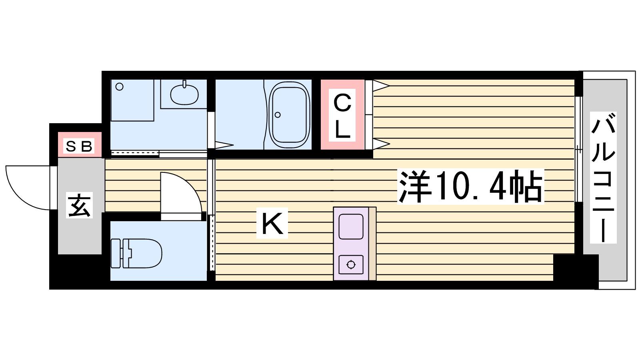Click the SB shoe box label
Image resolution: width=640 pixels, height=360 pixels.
coord(79,146)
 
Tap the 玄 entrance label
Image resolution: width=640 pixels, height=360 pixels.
coord(80,205)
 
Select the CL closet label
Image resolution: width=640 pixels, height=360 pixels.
coord(342,116)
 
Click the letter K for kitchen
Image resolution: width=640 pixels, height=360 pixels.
coord(272,223)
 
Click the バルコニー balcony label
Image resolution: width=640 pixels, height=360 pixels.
coord(603,177)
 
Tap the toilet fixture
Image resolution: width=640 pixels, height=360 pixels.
coord(136,253)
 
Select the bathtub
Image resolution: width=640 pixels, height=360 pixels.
coord(290,114)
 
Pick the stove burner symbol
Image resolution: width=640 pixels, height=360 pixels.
coord(351,265)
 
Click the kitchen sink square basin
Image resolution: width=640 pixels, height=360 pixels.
coord(351,227)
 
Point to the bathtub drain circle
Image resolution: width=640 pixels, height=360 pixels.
coord(277,115)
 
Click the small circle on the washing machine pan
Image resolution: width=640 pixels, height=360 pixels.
coord(120,87)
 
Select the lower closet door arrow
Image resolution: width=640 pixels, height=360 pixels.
coord(381,144)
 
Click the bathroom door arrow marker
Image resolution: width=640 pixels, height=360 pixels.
coord(224,145)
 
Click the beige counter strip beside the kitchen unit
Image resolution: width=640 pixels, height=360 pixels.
coord(372,244)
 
